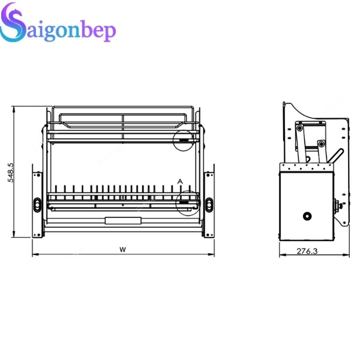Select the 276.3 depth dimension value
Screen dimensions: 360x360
click(307, 251)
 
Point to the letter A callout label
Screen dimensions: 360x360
click(179, 181)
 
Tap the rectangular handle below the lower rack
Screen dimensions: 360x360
click(122, 220)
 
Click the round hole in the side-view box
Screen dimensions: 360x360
click(307, 215)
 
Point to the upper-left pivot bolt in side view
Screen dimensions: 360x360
click(299, 128)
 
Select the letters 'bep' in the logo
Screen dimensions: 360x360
click(96, 32)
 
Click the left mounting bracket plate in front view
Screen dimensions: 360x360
click(37, 204)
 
